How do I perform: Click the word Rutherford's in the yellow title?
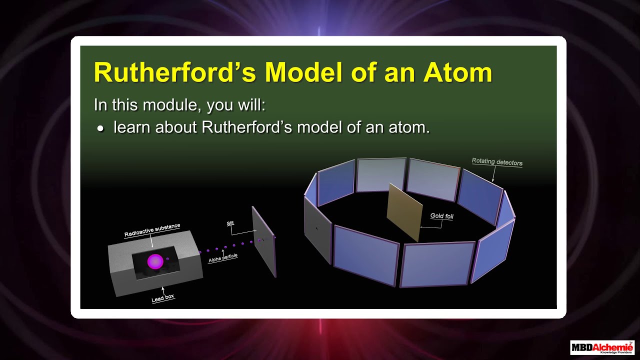pyautogui.click(x=175, y=72)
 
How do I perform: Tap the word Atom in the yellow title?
pyautogui.click(x=457, y=72)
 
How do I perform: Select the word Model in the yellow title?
pyautogui.click(x=303, y=72)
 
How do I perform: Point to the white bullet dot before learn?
pyautogui.click(x=100, y=129)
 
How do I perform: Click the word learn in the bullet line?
pyautogui.click(x=131, y=127)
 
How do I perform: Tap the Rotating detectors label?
pyautogui.click(x=497, y=162)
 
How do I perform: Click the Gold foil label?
pyautogui.click(x=441, y=216)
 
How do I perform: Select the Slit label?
pyautogui.click(x=230, y=223)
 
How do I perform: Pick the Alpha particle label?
pyautogui.click(x=223, y=258)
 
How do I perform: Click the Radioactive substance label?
pyautogui.click(x=152, y=230)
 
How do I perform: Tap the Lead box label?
pyautogui.click(x=163, y=298)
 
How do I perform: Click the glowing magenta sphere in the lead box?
pyautogui.click(x=155, y=261)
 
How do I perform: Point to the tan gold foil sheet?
pyautogui.click(x=404, y=212)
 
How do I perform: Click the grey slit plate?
pyautogui.click(x=264, y=241)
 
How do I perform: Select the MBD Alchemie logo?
pyautogui.click(x=602, y=347)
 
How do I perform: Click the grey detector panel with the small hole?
pyautogui.click(x=318, y=229)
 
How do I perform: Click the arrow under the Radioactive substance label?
pyautogui.click(x=151, y=241)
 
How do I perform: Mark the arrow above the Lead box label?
pyautogui.click(x=163, y=291)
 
